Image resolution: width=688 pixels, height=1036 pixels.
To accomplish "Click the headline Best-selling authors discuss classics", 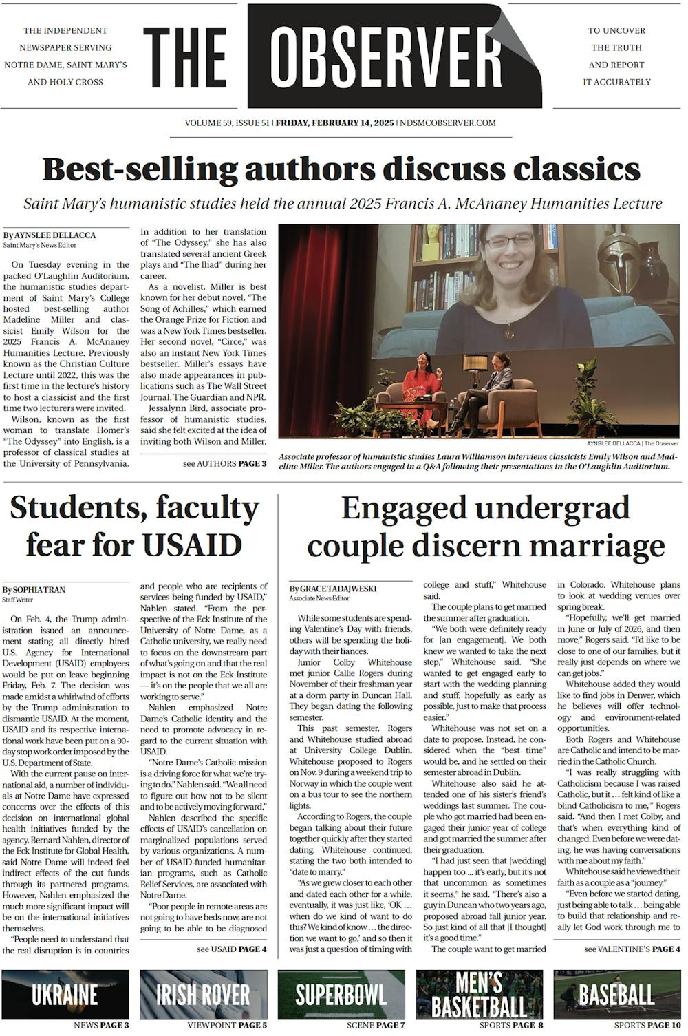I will click(x=341, y=169).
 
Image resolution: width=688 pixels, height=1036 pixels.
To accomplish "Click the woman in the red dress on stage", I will click(x=420, y=385).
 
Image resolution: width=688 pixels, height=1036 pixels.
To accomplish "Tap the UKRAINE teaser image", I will click(x=65, y=994).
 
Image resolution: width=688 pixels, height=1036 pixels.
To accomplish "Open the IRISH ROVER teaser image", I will click(x=203, y=994).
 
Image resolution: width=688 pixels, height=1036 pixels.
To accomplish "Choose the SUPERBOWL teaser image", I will click(x=341, y=994).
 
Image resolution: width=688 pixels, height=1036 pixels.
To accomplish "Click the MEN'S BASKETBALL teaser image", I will click(x=479, y=994).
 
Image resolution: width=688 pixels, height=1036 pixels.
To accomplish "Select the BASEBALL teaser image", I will click(x=617, y=994).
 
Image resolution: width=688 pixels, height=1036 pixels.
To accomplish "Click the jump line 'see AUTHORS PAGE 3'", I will click(x=224, y=464).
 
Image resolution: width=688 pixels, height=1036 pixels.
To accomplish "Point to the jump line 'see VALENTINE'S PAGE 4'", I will click(x=632, y=949).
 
